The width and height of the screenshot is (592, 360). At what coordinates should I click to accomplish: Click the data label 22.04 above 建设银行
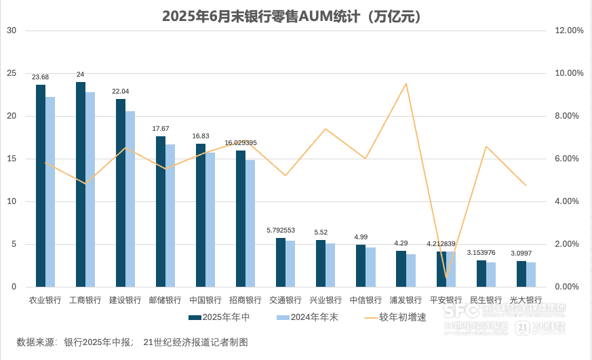121,91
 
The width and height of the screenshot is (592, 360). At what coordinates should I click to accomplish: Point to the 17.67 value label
161,128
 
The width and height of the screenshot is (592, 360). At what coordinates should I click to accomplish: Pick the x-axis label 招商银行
245,300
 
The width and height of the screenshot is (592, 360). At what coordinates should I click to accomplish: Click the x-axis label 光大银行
526,300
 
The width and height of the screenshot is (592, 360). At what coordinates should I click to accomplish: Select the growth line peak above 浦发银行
406,84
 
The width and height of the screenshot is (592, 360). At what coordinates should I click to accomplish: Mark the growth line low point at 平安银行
446,277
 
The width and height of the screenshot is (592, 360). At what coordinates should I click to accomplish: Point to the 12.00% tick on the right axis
569,31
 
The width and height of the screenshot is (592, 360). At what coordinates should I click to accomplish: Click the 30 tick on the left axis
12,31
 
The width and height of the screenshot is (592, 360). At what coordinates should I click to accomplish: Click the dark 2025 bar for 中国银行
201,217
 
